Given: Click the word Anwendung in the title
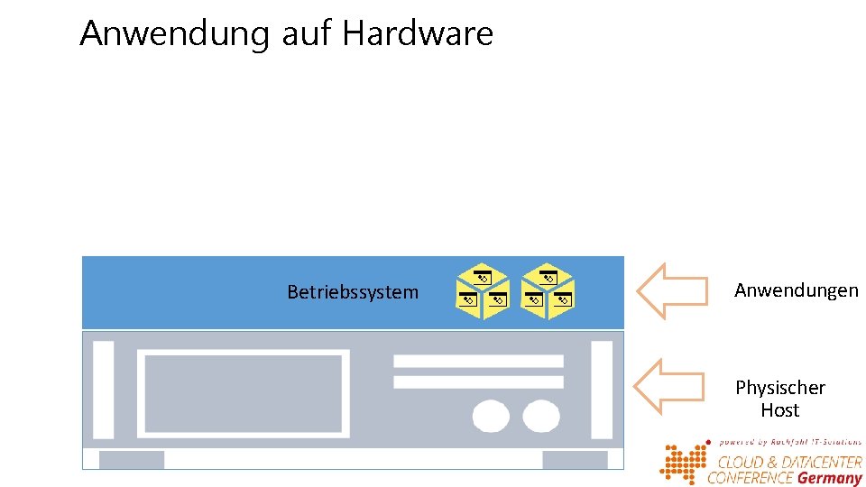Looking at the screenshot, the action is tap(175, 34).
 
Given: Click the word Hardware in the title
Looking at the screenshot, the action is tap(418, 34).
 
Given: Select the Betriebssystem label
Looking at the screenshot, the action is tap(353, 292).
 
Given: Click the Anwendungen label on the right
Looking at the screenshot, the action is tap(797, 290).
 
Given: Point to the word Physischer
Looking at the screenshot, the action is tap(780, 388).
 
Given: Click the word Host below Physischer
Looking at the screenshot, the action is tap(780, 410).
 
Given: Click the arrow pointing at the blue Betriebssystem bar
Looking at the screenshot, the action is tap(671, 290).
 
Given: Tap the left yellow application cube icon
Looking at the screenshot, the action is tap(483, 291).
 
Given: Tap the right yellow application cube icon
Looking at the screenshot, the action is tap(548, 291).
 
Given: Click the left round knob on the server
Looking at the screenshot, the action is tap(491, 416).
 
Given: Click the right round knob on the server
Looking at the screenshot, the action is tap(541, 416).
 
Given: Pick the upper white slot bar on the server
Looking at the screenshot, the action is tap(478, 361).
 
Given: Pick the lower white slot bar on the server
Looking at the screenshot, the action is tap(478, 381).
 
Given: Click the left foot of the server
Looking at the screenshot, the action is tap(132, 459).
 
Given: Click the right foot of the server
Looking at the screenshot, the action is tap(575, 459).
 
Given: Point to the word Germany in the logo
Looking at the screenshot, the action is tap(829, 478).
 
